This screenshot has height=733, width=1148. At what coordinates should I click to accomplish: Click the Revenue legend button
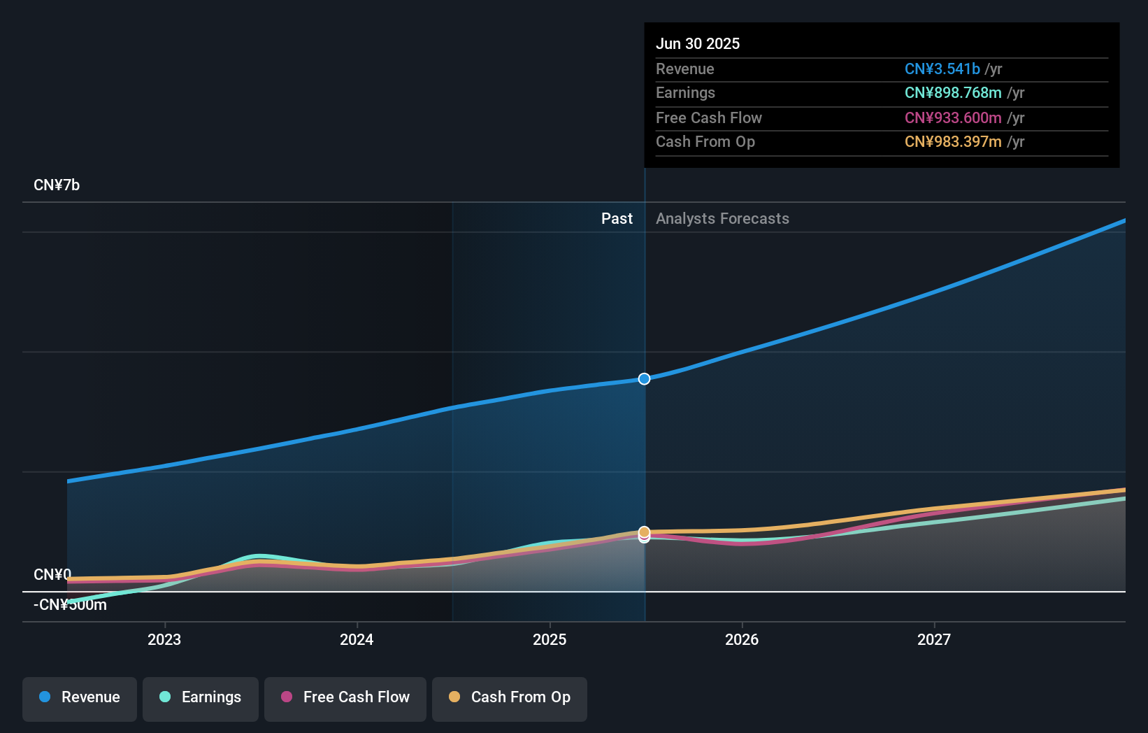point(80,697)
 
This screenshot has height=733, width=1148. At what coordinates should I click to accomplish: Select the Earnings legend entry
point(201,697)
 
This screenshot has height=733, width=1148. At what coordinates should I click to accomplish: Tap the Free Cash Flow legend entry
point(345,697)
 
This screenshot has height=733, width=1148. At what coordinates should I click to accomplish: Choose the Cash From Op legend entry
point(510,697)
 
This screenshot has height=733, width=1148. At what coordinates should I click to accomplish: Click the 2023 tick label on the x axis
point(164,639)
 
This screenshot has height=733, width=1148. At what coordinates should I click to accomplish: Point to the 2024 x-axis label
point(357,639)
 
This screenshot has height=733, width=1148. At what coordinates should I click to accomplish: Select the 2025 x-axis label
point(550,639)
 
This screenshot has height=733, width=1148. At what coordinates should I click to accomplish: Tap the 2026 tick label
point(742,639)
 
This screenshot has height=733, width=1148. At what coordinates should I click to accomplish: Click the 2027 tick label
point(934,639)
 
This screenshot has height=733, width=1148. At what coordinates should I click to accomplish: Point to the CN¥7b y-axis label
point(57,185)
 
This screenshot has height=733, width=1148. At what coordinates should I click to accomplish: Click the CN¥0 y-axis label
point(52,574)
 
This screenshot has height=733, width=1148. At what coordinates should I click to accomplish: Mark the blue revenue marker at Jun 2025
point(644,379)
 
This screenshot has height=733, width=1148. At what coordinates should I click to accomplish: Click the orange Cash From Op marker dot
point(644,532)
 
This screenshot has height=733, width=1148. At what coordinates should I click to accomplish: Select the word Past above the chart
point(617,219)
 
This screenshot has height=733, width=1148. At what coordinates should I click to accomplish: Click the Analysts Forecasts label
point(722,219)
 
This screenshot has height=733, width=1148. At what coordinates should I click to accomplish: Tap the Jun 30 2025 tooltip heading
point(698,43)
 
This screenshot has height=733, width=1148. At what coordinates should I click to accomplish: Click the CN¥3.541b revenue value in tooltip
point(942,69)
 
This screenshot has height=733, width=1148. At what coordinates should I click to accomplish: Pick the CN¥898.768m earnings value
point(953,93)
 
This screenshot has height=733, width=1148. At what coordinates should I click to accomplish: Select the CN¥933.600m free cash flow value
point(953,118)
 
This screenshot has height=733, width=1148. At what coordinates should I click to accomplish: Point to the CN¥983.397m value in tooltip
point(953,142)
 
